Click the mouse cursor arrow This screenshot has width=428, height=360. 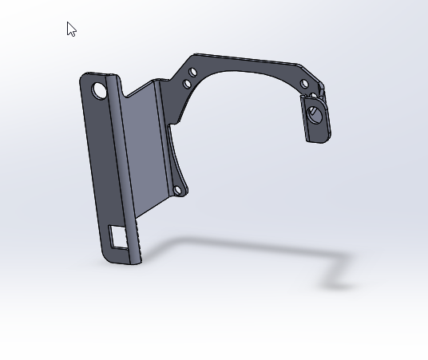[x=71, y=30]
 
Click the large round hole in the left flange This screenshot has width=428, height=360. [x=100, y=90]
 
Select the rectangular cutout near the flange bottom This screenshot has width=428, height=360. [x=120, y=237]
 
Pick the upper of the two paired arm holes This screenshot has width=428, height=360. [x=192, y=73]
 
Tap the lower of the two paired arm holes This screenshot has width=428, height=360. [x=187, y=83]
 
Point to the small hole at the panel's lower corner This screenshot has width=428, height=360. [x=177, y=190]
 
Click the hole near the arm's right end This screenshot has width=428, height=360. [x=304, y=84]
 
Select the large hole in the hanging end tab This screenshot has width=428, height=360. [x=315, y=113]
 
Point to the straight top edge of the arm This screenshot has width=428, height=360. [x=248, y=60]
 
